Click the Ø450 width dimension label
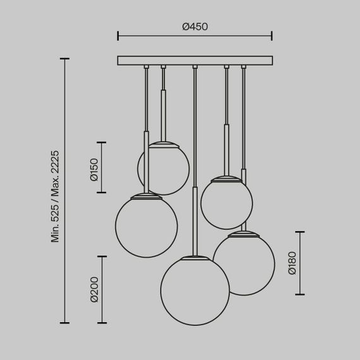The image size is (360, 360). (195, 27)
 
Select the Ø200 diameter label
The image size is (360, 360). (93, 289)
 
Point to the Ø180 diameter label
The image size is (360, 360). (292, 263)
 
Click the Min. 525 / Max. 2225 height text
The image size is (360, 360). (55, 196)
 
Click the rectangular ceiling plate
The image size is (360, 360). (195, 61)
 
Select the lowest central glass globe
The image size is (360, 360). (195, 291)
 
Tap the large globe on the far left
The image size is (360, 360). (147, 225)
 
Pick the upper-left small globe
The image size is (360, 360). (163, 168)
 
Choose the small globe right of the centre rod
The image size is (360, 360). (226, 202)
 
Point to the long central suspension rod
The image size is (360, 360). (195, 158)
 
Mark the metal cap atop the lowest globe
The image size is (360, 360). (195, 257)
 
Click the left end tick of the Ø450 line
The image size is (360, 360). (118, 37)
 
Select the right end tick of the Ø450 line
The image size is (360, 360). (272, 37)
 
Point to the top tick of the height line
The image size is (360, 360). (66, 59)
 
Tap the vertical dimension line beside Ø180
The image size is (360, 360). (300, 263)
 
